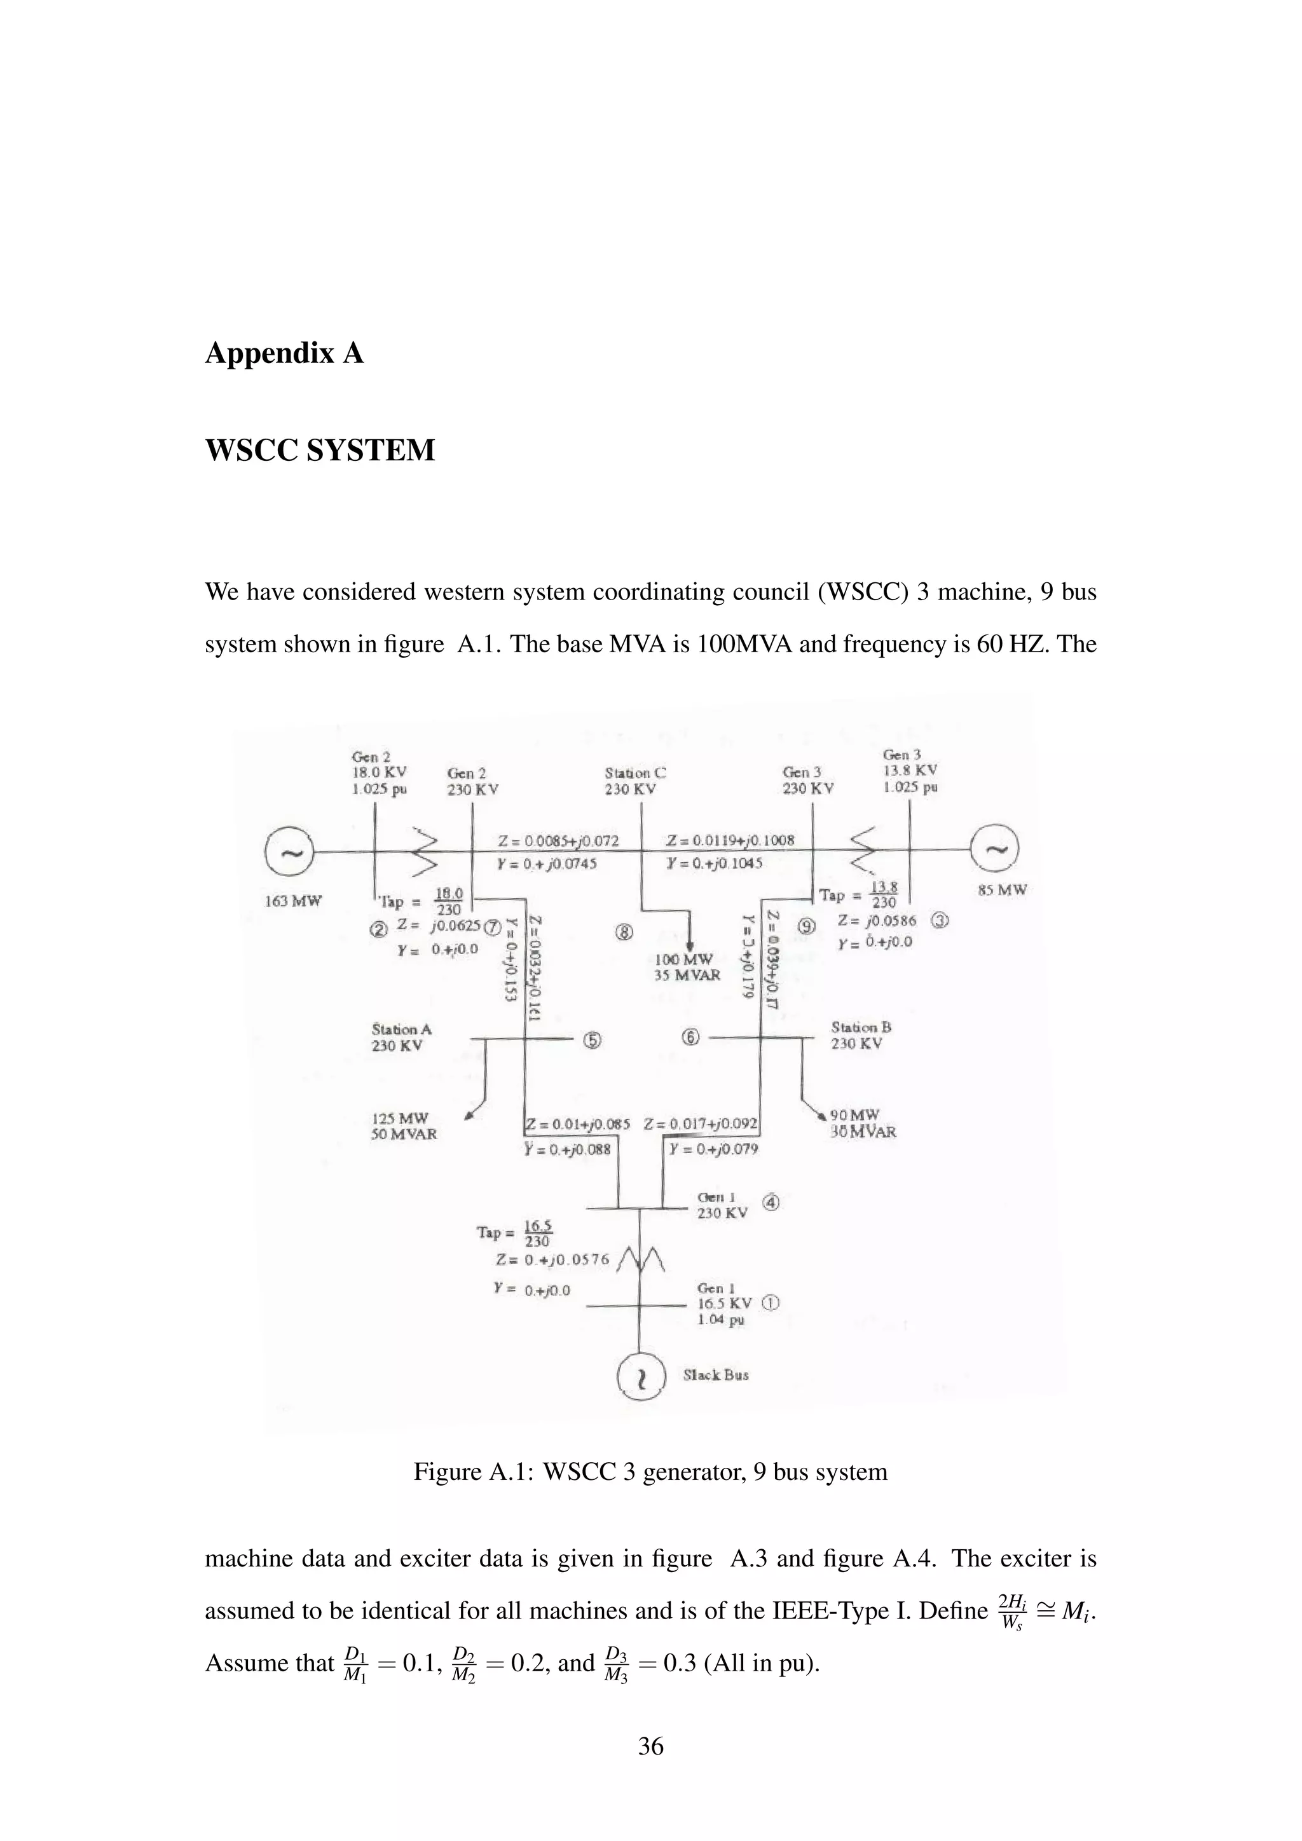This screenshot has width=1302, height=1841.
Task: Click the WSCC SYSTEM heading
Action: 320,450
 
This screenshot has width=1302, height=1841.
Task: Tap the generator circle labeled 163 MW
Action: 289,852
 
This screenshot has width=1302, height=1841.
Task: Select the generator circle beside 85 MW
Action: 994,848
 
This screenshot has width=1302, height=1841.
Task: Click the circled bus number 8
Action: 624,932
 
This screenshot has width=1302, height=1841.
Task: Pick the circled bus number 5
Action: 592,1040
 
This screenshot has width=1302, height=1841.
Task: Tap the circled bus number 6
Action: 690,1037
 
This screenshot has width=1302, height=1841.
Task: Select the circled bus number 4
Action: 771,1202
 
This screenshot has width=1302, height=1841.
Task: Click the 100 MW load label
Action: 683,960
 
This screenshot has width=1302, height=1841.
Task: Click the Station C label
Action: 635,773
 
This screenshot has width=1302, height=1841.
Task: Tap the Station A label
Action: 402,1029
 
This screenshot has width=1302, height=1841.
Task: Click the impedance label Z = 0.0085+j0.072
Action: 558,840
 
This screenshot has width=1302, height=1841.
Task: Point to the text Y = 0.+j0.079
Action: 713,1149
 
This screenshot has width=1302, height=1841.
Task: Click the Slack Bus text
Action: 716,1374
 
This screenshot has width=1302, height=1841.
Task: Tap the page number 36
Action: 650,1746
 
